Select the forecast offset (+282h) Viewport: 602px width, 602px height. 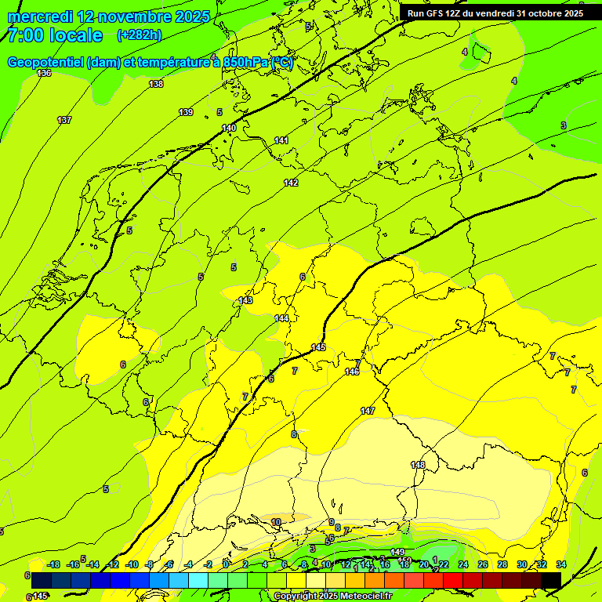click(x=140, y=35)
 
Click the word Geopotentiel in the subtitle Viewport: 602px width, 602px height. click(x=46, y=63)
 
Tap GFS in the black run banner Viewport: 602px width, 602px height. click(x=436, y=13)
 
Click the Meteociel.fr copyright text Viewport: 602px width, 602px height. click(x=332, y=597)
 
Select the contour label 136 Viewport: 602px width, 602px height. click(x=44, y=73)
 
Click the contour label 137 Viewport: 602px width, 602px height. click(x=64, y=120)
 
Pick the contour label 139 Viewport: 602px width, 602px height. click(x=186, y=112)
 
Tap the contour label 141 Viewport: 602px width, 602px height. click(x=281, y=140)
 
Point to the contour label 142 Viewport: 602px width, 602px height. click(x=291, y=183)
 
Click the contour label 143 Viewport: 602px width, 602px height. click(x=245, y=300)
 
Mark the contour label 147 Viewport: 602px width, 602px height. click(x=368, y=411)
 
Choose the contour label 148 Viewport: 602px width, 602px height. click(x=418, y=465)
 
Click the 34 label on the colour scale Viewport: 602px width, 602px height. click(x=561, y=564)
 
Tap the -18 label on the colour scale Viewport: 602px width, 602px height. click(x=53, y=564)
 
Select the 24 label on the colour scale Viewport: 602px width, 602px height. click(x=463, y=564)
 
